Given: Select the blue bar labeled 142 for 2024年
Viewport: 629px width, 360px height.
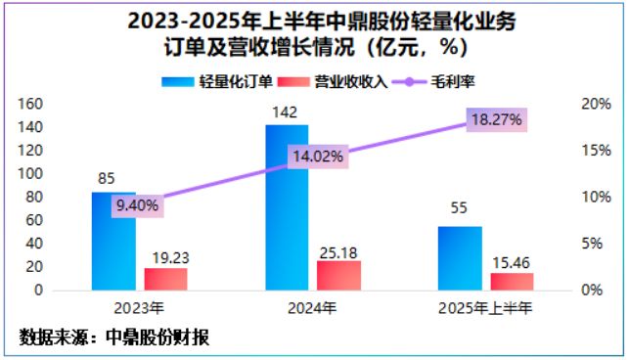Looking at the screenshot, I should click(287, 207).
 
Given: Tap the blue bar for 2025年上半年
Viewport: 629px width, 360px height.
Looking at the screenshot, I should click(460, 258).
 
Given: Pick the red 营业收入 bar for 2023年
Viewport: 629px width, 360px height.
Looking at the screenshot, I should click(165, 279).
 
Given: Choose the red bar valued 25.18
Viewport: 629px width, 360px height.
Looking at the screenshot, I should click(338, 275).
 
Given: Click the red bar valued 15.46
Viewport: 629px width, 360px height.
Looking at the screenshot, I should click(513, 282).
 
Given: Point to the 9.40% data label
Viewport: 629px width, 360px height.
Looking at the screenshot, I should click(136, 204).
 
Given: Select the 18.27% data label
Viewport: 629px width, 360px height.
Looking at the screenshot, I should click(496, 119).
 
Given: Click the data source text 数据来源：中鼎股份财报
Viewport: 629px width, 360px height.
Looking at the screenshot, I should click(114, 337).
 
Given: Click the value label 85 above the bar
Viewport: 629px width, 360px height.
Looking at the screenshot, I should click(108, 179).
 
